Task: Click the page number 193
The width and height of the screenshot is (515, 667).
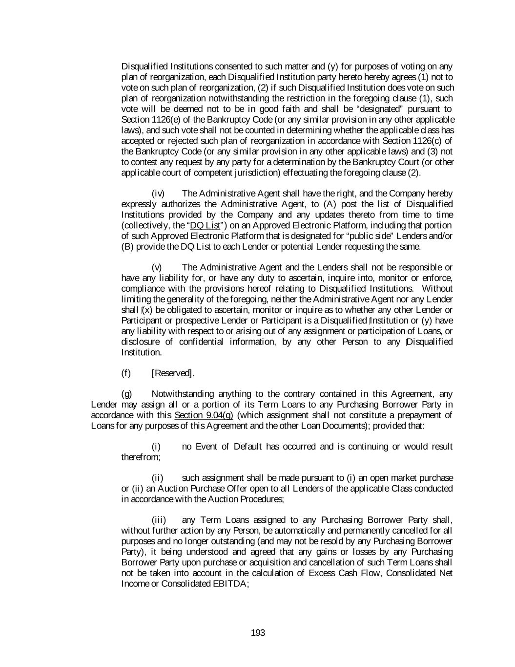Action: (x=258, y=633)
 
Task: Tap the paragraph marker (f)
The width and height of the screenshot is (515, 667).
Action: (x=126, y=373)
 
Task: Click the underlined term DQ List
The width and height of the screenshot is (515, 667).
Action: (x=205, y=225)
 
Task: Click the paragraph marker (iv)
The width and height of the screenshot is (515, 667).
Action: (x=158, y=194)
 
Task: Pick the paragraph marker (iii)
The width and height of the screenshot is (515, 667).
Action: (x=159, y=520)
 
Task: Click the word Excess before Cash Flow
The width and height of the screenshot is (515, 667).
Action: (x=322, y=573)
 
